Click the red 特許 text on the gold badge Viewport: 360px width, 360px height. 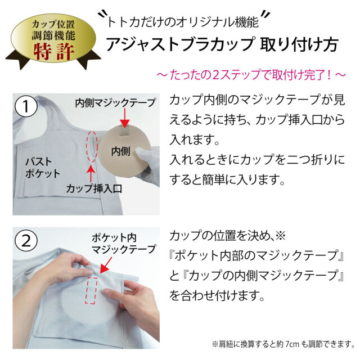coord(54,52)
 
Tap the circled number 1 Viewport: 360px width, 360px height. coord(26,106)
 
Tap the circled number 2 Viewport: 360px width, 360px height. coord(26,241)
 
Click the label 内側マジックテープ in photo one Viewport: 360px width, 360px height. coord(115,102)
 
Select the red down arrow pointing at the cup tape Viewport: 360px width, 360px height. coord(125,118)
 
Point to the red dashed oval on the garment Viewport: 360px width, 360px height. coord(92,146)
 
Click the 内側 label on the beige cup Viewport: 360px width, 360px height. coord(120,151)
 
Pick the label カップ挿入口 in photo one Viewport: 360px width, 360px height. coord(94,189)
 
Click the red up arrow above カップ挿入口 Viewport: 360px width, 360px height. coord(91,174)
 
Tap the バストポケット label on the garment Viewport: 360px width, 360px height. coord(43,168)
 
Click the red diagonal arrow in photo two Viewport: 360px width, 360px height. coord(106,265)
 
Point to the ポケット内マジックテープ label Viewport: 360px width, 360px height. coord(124,244)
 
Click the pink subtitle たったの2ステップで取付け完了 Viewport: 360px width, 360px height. coord(251,75)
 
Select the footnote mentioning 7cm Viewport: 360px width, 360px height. coord(283,344)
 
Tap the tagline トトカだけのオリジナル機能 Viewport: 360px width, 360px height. coord(183,22)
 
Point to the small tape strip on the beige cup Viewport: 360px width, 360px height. coord(125,132)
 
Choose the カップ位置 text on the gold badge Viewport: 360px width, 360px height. coord(53,24)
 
